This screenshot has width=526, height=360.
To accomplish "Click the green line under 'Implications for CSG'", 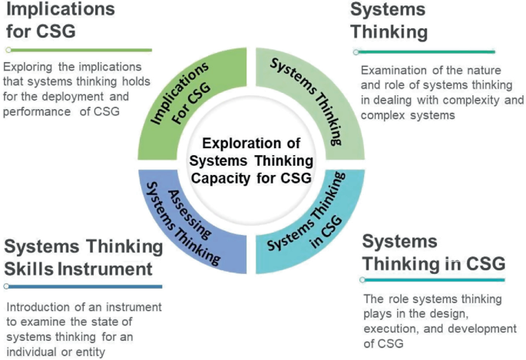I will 77,50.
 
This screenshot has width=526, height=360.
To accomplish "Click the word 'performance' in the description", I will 34,112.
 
